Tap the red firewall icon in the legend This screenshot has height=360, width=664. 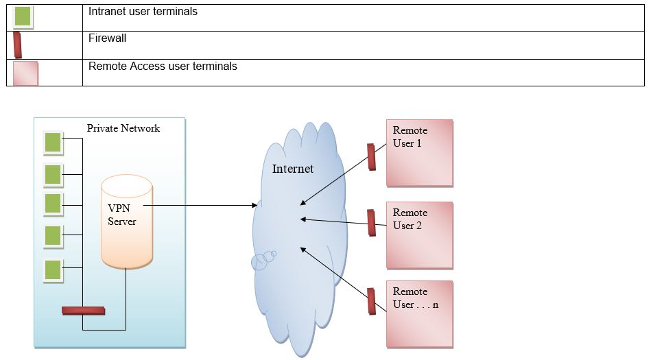(18, 45)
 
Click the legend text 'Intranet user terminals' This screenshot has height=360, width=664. (143, 12)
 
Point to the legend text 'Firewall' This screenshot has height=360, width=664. (107, 38)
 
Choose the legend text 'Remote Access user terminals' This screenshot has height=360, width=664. (163, 67)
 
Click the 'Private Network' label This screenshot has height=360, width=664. (123, 128)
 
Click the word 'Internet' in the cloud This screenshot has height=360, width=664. (293, 169)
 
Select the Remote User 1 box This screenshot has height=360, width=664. (419, 153)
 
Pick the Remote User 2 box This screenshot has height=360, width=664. (419, 235)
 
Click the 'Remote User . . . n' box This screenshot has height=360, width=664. (419, 313)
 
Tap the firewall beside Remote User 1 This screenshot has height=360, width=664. (371, 156)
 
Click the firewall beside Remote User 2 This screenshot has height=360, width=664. (371, 222)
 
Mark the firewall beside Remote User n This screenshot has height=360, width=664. (371, 301)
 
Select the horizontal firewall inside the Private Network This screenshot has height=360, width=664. (83, 311)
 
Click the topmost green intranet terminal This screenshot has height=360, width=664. (53, 142)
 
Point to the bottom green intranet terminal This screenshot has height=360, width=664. (53, 270)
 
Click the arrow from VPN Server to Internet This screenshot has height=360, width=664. (199, 205)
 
